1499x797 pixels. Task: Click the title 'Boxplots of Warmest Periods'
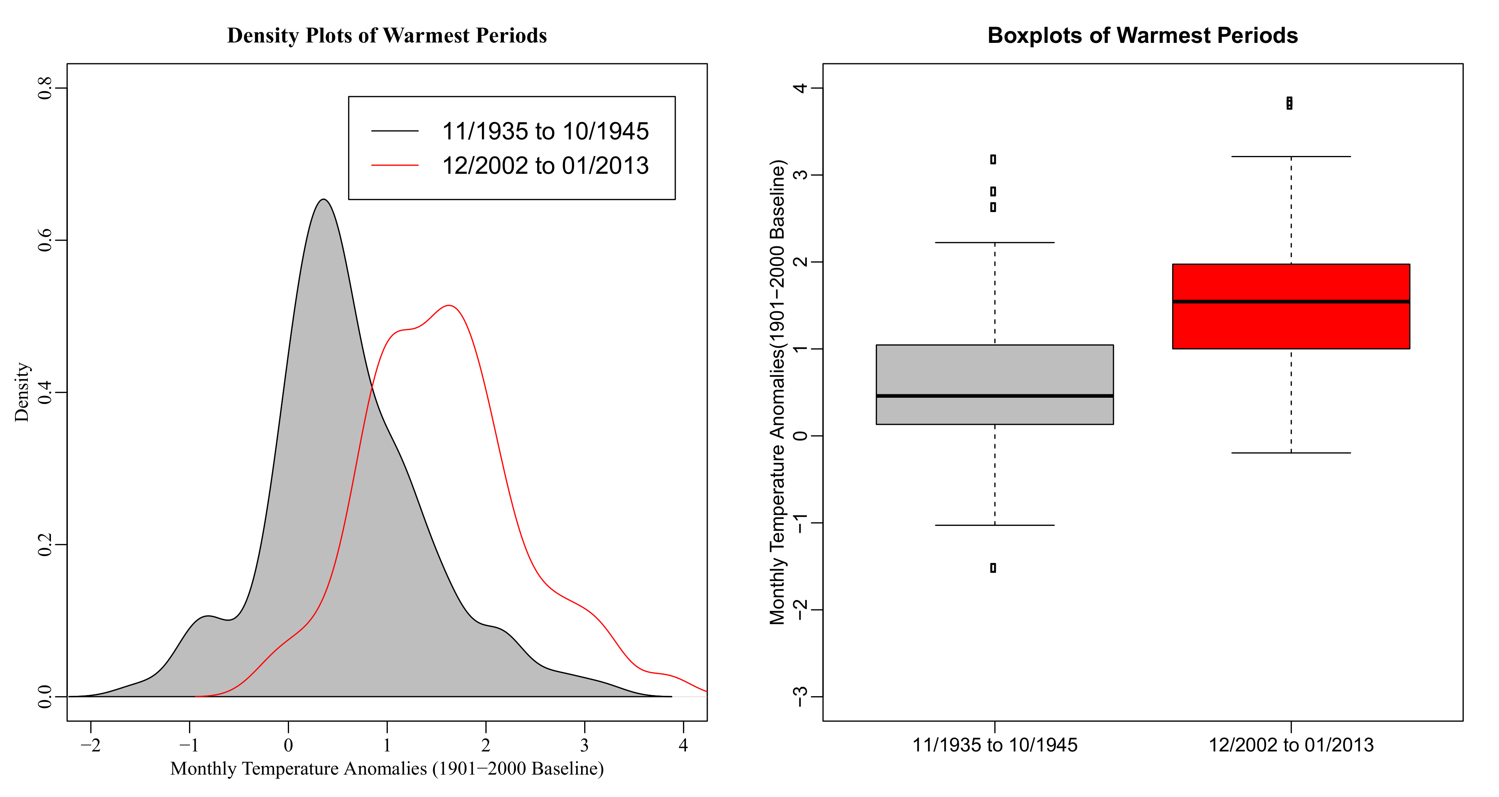point(1142,36)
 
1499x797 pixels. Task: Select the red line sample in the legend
point(395,165)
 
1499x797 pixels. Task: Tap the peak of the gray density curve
point(324,200)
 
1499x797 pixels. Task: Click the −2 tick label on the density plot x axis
point(90,746)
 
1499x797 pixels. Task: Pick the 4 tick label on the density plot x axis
point(683,746)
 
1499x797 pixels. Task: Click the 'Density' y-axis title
point(22,392)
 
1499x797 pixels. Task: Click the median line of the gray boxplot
point(994,396)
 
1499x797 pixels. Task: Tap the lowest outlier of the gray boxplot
point(993,568)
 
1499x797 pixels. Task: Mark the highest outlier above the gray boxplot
point(993,159)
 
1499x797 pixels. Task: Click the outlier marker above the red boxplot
point(1289,103)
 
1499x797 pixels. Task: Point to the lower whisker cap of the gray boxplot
point(994,525)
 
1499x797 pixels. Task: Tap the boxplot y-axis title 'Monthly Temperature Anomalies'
point(777,392)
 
